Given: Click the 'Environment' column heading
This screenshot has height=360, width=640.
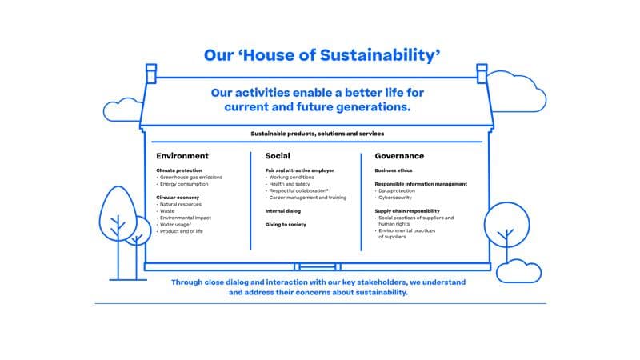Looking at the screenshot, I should click(x=182, y=156).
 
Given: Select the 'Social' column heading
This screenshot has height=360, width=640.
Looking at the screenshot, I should click(x=278, y=156).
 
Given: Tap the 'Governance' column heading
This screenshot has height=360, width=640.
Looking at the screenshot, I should click(x=399, y=156).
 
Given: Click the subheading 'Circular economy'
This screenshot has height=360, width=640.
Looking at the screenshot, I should click(x=178, y=197).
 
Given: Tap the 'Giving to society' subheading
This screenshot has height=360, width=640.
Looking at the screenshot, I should click(x=286, y=225).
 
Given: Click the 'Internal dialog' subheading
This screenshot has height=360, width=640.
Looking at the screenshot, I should click(x=282, y=211).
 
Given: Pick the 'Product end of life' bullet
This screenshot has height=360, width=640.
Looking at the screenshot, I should click(x=183, y=230).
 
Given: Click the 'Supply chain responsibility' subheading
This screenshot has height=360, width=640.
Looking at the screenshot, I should click(x=407, y=210).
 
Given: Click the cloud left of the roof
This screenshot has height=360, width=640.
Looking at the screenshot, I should click(x=122, y=109).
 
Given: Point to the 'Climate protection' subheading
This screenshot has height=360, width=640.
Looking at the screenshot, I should click(x=179, y=170).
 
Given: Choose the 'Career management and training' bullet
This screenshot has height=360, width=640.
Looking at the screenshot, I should click(x=308, y=197).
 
